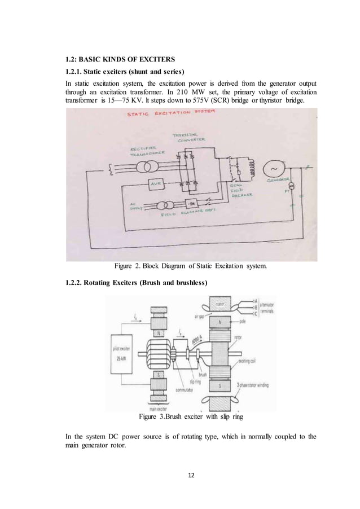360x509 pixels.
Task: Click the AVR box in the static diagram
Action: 155,185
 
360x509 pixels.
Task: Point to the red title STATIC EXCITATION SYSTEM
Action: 164,115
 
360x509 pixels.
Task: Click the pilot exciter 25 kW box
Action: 124,353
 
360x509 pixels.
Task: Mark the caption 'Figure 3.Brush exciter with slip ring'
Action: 190,418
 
